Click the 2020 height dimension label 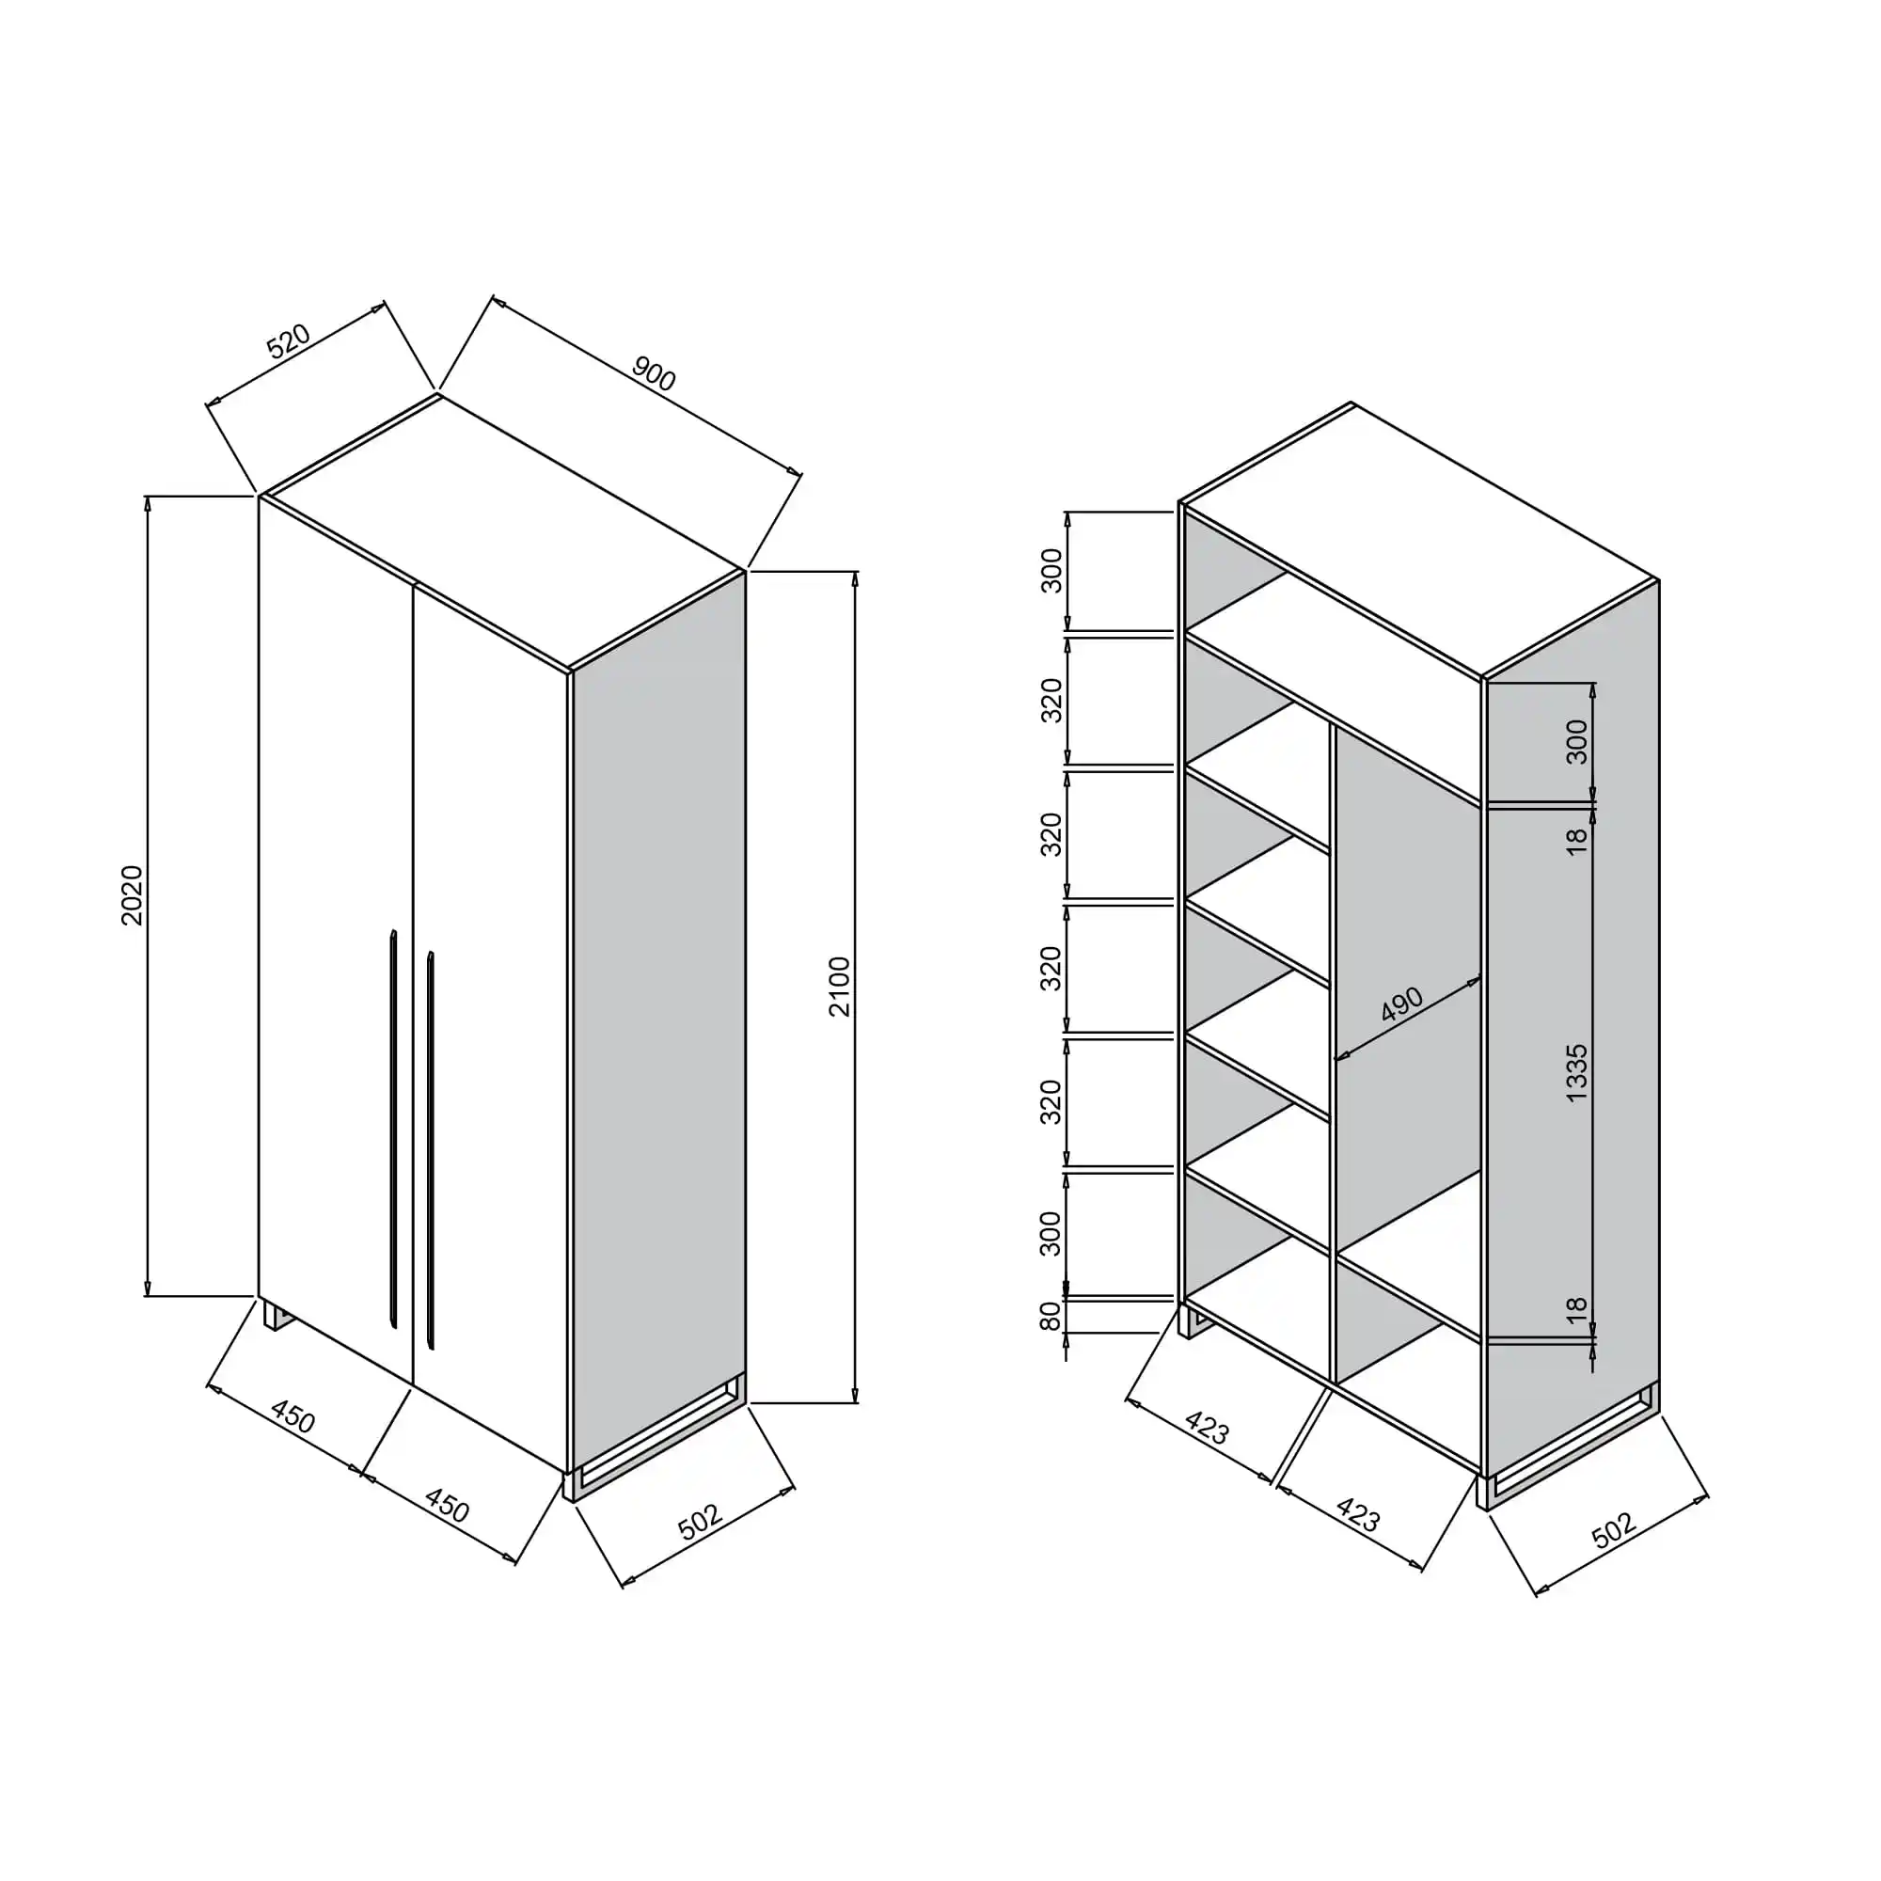point(132,894)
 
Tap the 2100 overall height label point(839,987)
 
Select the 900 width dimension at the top point(654,374)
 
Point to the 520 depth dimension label point(288,340)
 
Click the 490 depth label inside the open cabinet point(1402,1004)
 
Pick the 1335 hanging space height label point(1576,1073)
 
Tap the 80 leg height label point(1051,1317)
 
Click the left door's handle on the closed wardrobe point(393,1129)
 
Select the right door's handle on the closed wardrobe point(431,1151)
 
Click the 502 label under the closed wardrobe point(700,1522)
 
